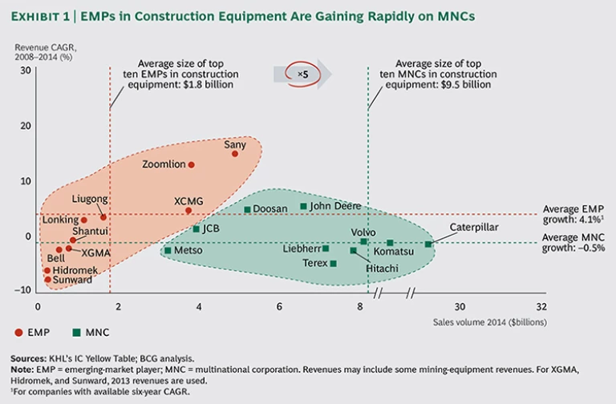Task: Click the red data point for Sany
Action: pos(235,153)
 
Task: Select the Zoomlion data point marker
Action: pos(191,164)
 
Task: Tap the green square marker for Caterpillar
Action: pos(428,244)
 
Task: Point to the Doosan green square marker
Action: pos(248,209)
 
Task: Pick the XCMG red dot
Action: pos(188,211)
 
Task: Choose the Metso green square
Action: pos(168,250)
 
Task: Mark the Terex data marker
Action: pos(333,263)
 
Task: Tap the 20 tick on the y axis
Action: pos(25,126)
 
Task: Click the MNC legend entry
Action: pos(91,332)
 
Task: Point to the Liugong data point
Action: pos(103,216)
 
